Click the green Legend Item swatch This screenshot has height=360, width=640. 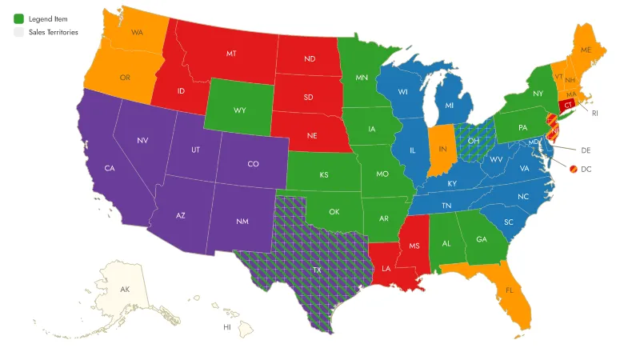pos(18,18)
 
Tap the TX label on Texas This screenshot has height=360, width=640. pos(317,270)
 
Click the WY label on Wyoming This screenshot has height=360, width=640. pos(240,110)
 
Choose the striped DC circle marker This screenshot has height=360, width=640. pos(574,169)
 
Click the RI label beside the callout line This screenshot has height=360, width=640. pos(595,114)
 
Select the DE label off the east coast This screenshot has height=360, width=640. pos(585,150)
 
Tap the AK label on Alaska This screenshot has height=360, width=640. pos(125,289)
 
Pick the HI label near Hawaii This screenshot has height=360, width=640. pos(227,327)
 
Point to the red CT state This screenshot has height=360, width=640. pos(568,105)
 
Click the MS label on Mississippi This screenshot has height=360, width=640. pos(414,245)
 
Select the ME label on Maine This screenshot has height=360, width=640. pos(586,50)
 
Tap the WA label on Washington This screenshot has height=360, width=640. pos(137,33)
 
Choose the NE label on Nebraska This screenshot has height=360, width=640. pos(313,135)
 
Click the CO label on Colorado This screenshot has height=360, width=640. pos(253,164)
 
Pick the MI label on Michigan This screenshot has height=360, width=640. pos(450,106)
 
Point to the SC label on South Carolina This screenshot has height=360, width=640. pos(509,222)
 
